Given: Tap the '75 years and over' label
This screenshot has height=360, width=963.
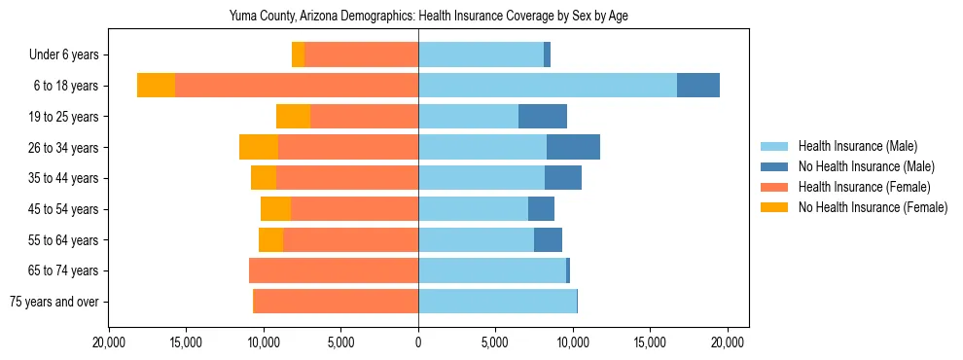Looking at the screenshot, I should (x=53, y=302).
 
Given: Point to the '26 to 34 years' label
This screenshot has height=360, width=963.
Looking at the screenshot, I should (x=63, y=148).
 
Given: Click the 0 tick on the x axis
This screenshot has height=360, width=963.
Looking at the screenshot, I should (x=418, y=342).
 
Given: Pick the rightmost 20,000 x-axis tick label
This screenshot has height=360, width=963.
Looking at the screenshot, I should (x=728, y=342).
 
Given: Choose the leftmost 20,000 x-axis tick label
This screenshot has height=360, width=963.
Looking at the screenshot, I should (x=109, y=342).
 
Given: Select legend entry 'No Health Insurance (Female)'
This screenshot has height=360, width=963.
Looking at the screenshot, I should (x=873, y=207).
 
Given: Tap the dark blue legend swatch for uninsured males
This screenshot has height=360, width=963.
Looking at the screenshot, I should (x=774, y=166).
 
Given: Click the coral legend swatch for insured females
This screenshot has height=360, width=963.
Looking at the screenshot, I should (x=774, y=187).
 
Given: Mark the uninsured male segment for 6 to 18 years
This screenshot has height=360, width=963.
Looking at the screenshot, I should (x=698, y=86).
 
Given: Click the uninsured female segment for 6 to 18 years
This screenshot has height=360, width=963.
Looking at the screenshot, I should (x=156, y=86).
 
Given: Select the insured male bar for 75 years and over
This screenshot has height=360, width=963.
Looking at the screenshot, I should (x=497, y=302).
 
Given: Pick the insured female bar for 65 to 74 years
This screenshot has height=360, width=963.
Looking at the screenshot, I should (x=334, y=270).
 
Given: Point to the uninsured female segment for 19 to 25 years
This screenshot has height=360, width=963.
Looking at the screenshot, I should (x=293, y=117).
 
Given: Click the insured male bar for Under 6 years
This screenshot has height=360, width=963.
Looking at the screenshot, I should (x=481, y=54).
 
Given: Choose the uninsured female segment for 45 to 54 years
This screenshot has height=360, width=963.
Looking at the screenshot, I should (x=275, y=209).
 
